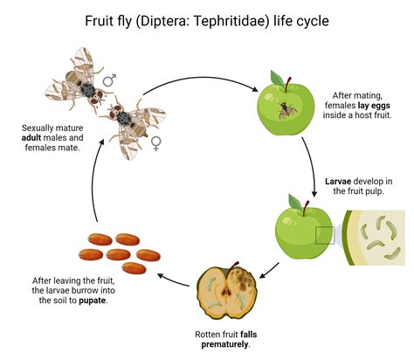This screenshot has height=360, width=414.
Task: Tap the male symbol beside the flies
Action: pyautogui.click(x=109, y=80)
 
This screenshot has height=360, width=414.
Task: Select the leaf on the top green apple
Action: pyautogui.click(x=277, y=78)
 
